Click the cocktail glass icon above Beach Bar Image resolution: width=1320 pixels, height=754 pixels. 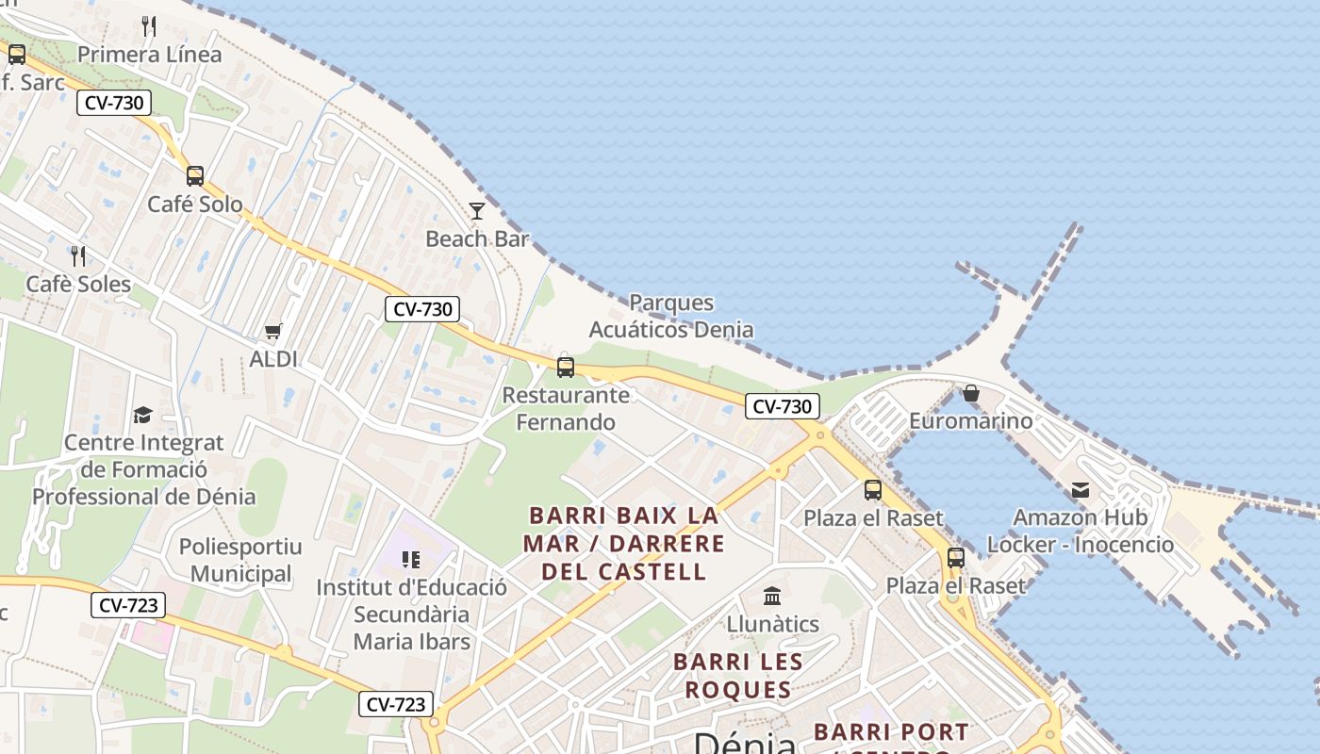(x=477, y=210)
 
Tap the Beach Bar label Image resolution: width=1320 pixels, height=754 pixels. (x=477, y=239)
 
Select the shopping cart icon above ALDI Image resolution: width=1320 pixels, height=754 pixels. (x=273, y=331)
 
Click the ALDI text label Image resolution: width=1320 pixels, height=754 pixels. (x=273, y=359)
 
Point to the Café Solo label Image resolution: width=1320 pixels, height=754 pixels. (x=195, y=205)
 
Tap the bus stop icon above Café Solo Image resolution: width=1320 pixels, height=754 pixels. (x=195, y=175)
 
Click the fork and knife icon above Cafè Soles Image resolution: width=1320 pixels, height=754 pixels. (x=78, y=255)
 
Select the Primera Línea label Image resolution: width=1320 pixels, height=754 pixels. (x=149, y=55)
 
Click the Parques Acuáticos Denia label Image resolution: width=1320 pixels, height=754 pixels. (x=671, y=317)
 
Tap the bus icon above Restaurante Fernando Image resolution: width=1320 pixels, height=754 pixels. (x=566, y=367)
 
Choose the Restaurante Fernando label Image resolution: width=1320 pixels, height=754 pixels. (x=566, y=409)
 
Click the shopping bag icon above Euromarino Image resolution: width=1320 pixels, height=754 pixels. (x=971, y=392)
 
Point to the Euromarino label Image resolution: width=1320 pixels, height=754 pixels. (x=971, y=421)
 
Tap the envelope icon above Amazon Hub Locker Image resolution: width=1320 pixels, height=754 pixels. (x=1081, y=489)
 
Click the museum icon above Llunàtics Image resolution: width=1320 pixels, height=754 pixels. (x=772, y=596)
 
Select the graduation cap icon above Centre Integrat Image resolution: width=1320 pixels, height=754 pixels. (x=143, y=415)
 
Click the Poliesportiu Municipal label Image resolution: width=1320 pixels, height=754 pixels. (x=240, y=560)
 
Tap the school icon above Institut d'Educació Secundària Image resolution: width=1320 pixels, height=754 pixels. (x=411, y=560)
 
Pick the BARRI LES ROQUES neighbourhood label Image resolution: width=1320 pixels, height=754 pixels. (x=738, y=676)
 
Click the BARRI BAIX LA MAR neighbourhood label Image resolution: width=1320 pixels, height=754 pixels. (x=623, y=544)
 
